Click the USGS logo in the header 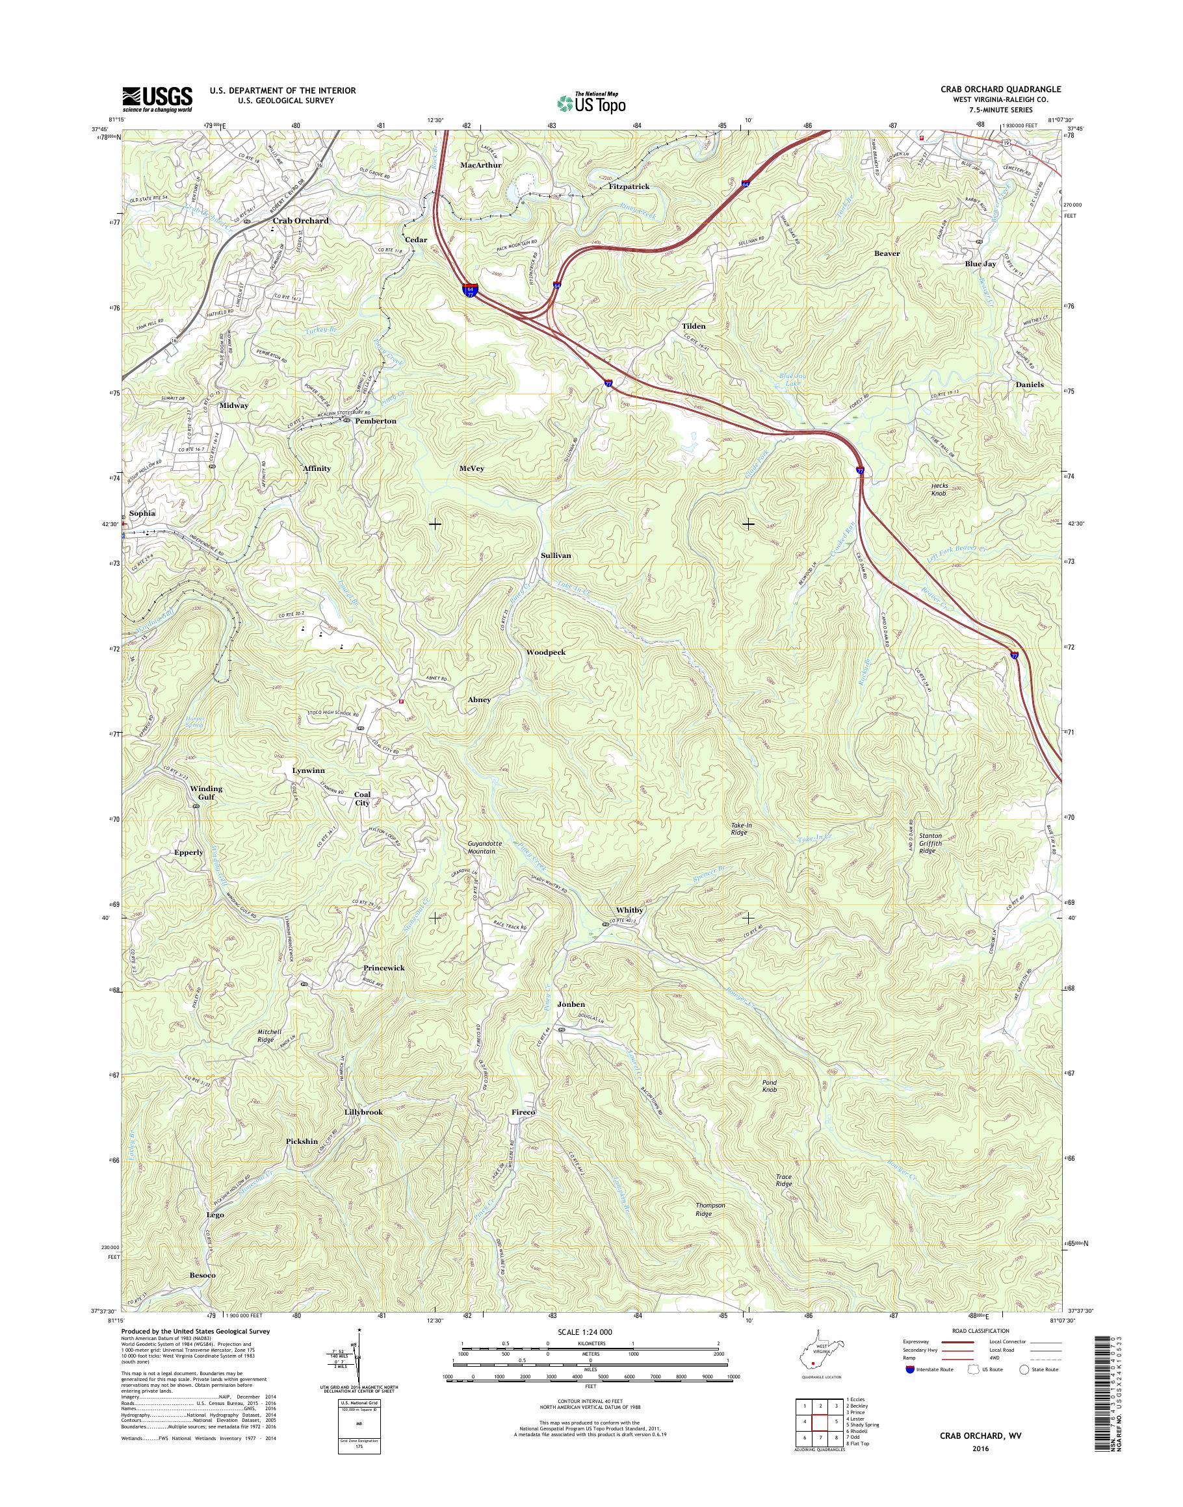(x=157, y=99)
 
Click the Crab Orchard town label (x=300, y=221)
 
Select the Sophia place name (x=142, y=513)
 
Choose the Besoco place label (x=202, y=1274)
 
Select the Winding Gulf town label (x=207, y=792)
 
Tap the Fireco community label (x=524, y=1111)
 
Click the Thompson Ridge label (x=710, y=1210)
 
